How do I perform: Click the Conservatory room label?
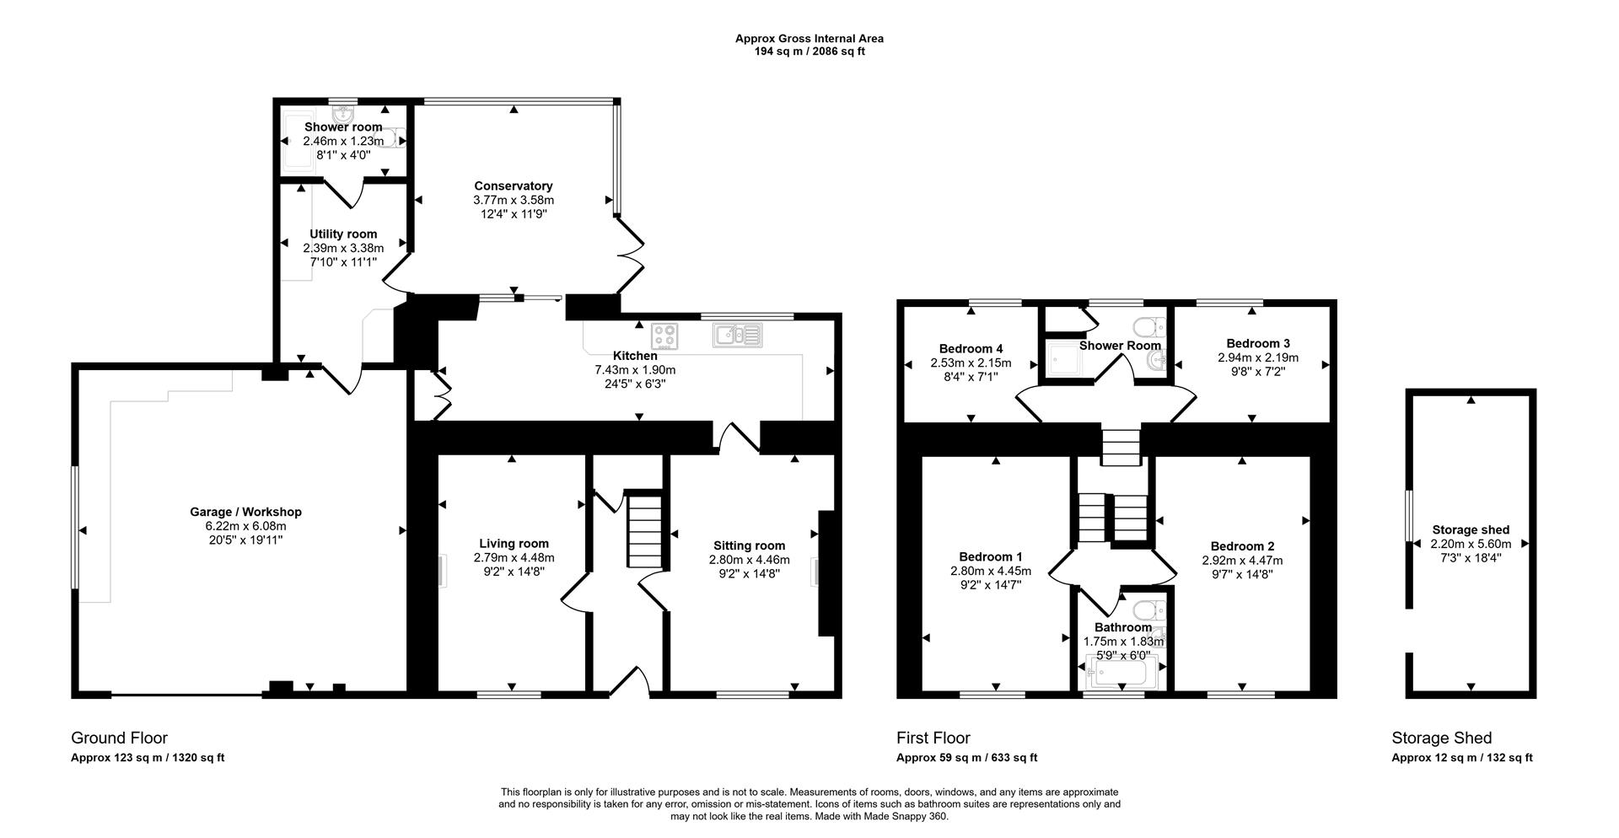[x=513, y=186]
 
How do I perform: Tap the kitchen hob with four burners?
[x=665, y=336]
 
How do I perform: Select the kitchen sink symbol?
[x=737, y=336]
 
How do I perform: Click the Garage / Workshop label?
[x=245, y=512]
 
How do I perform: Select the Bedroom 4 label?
[x=971, y=349]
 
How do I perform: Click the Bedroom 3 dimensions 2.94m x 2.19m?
[x=1257, y=357]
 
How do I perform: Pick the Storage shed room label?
[x=1471, y=530]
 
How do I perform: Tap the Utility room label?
[x=343, y=234]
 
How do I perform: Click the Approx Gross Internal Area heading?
[x=809, y=38]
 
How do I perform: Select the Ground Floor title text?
[x=119, y=739]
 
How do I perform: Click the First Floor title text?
[x=933, y=739]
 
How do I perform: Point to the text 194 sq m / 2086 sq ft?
[x=809, y=51]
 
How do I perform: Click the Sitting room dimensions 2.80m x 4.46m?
[x=749, y=560]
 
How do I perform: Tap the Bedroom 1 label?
[x=990, y=557]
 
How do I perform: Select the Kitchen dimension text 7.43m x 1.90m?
[x=634, y=370]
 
